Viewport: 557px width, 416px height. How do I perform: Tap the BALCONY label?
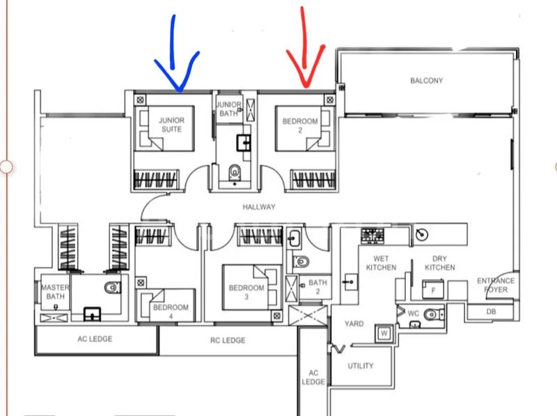426,81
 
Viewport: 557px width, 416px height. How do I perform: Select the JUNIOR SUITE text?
171,125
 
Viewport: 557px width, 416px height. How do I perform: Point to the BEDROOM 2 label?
299,125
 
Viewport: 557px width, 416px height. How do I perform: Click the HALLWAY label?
259,207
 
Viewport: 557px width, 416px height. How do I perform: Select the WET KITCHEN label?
381,263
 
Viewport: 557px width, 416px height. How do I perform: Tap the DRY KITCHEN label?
439,263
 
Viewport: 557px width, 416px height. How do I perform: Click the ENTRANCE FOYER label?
496,286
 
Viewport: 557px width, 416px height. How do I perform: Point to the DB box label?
491,311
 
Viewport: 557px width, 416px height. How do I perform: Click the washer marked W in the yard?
383,333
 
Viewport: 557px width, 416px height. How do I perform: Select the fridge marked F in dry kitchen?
433,289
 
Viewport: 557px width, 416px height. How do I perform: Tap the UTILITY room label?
360,366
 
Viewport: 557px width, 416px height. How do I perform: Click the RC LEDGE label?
228,340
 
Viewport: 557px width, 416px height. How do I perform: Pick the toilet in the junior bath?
235,169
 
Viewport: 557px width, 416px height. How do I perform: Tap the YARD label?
354,323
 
